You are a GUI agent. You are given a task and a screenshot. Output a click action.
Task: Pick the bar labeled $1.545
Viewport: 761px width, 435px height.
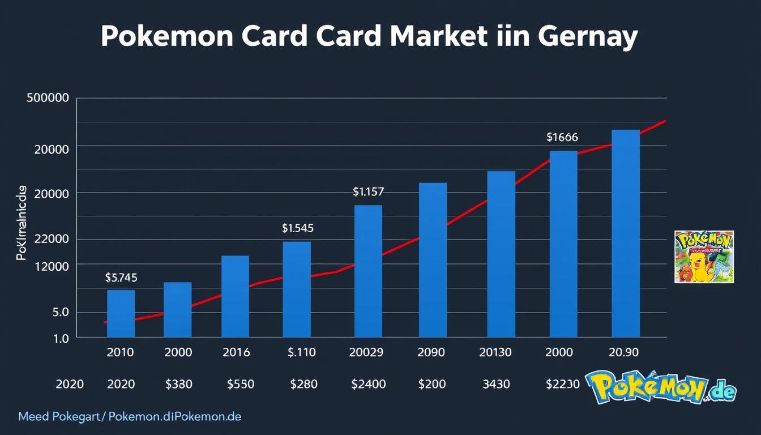pos(297,289)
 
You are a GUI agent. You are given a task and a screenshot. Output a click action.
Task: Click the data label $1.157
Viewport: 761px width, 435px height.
pos(368,192)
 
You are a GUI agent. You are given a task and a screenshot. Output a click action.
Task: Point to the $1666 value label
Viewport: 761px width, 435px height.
pos(562,137)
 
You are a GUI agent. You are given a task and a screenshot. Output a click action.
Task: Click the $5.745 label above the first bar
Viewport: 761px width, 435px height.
pos(121,278)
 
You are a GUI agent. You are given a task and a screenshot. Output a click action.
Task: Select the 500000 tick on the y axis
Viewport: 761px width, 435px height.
pos(48,98)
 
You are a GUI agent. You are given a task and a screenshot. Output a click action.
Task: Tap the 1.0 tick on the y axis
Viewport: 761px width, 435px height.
pos(61,338)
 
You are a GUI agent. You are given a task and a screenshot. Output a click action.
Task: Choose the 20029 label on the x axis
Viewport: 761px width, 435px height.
pos(367,352)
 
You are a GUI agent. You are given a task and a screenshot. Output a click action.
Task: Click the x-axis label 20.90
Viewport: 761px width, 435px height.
pos(623,352)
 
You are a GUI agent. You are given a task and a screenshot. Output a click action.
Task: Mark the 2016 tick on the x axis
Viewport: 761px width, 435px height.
pos(236,352)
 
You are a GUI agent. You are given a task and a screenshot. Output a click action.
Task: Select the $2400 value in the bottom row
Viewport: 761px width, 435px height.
pos(369,384)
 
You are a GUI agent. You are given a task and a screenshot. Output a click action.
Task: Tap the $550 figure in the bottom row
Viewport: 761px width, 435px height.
pos(240,384)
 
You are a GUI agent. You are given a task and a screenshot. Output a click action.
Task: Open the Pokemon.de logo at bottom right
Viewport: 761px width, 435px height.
pos(661,388)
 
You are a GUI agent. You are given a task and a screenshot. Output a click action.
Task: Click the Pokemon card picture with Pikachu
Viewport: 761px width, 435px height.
pos(704,257)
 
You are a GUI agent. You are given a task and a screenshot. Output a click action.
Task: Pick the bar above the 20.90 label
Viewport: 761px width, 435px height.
pos(626,233)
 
